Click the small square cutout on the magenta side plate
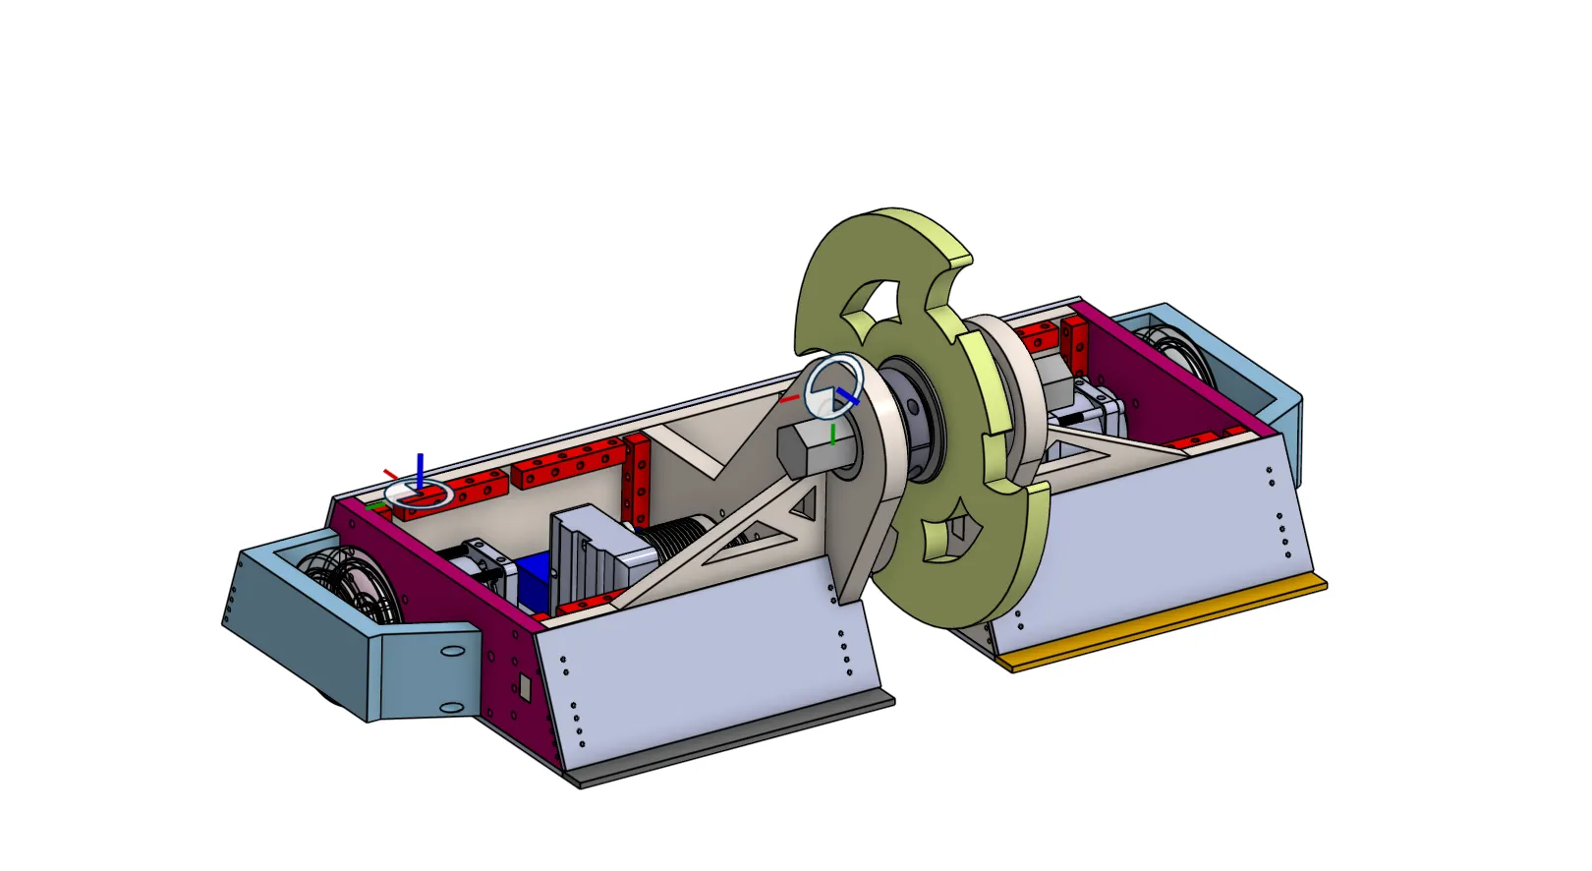(525, 687)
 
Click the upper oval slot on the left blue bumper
(452, 652)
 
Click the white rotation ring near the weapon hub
(834, 387)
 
